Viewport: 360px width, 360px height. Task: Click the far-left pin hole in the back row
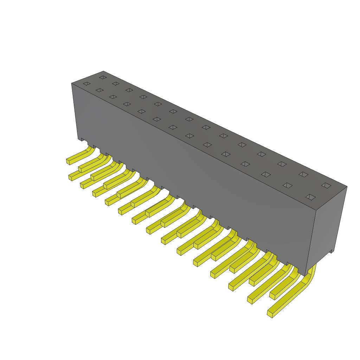pyautogui.click(x=102, y=77)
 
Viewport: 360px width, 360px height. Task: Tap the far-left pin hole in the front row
pyautogui.click(x=86, y=84)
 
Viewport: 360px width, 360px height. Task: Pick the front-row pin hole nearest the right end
pyautogui.click(x=310, y=197)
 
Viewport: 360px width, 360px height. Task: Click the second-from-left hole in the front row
pyautogui.click(x=99, y=90)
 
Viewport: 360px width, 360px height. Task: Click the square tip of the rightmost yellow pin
pyautogui.click(x=271, y=313)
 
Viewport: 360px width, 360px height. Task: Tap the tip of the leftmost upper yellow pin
pyautogui.click(x=69, y=161)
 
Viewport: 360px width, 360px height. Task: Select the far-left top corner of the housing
pyautogui.click(x=72, y=84)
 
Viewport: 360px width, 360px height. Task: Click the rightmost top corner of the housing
pyautogui.click(x=347, y=186)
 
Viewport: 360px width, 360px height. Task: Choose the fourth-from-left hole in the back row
pyautogui.click(x=143, y=97)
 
